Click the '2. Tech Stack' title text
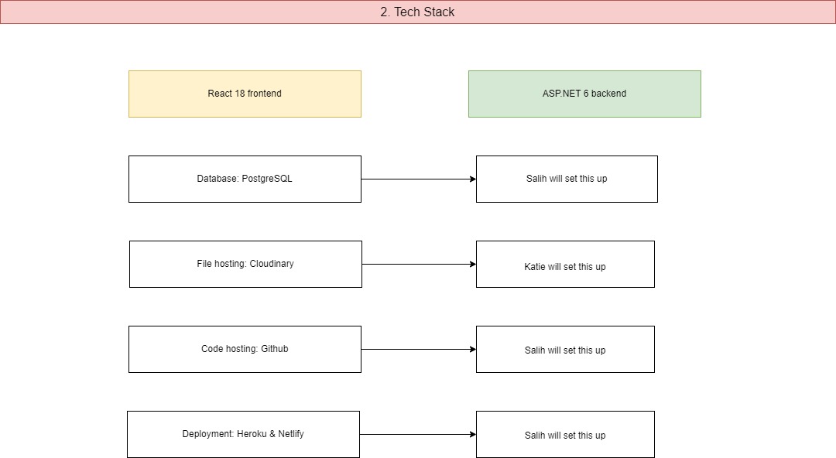coord(417,12)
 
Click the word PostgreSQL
coord(267,179)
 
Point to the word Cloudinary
coord(272,264)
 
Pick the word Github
coord(274,349)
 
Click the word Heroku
coord(251,434)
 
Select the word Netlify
coord(289,434)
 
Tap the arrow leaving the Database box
coord(418,179)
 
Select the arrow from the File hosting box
coord(418,264)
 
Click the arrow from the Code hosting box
coord(418,349)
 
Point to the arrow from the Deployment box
coord(418,434)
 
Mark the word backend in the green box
coord(609,94)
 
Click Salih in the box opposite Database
coord(536,179)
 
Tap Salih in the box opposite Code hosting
coord(535,350)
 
